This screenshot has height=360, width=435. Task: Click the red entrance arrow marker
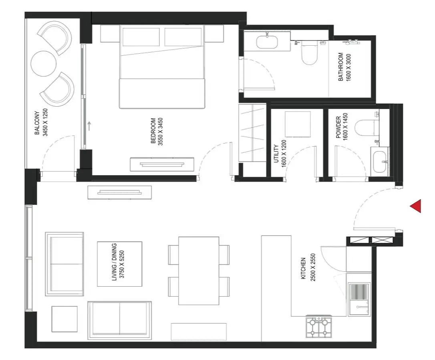(x=417, y=206)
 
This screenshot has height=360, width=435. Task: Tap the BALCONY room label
(x=37, y=123)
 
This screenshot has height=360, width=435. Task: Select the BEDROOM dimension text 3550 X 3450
(x=160, y=131)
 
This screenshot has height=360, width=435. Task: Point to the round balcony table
(x=44, y=63)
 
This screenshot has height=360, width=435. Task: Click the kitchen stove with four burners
(x=319, y=327)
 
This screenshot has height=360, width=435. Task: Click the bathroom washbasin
(x=267, y=42)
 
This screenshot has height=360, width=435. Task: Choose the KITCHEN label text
(x=303, y=269)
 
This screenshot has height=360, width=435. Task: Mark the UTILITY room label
(x=276, y=154)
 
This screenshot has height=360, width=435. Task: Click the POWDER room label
(x=338, y=127)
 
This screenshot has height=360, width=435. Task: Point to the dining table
(x=199, y=271)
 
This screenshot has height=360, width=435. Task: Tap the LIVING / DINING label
(x=114, y=262)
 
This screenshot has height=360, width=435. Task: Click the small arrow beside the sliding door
(x=89, y=126)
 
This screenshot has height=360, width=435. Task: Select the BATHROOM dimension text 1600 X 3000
(x=348, y=67)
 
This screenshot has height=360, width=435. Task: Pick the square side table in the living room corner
(x=64, y=319)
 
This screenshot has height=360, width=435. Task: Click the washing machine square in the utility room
(x=298, y=124)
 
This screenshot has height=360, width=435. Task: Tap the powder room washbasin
(x=381, y=162)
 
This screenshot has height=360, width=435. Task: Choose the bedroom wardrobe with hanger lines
(x=252, y=133)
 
